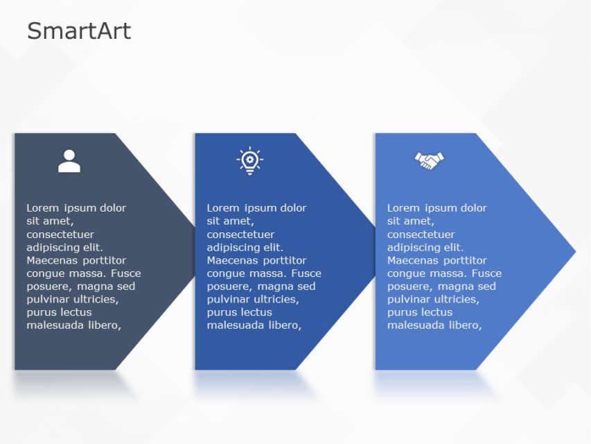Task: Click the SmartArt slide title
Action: (x=78, y=31)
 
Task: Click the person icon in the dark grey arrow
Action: (x=69, y=161)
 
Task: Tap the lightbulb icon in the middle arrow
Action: (x=249, y=161)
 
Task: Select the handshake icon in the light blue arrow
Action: (x=430, y=161)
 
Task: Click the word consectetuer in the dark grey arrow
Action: (x=60, y=234)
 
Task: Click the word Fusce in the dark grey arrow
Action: (x=125, y=273)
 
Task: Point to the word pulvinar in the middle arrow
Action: (x=229, y=300)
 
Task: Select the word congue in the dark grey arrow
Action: (x=46, y=273)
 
